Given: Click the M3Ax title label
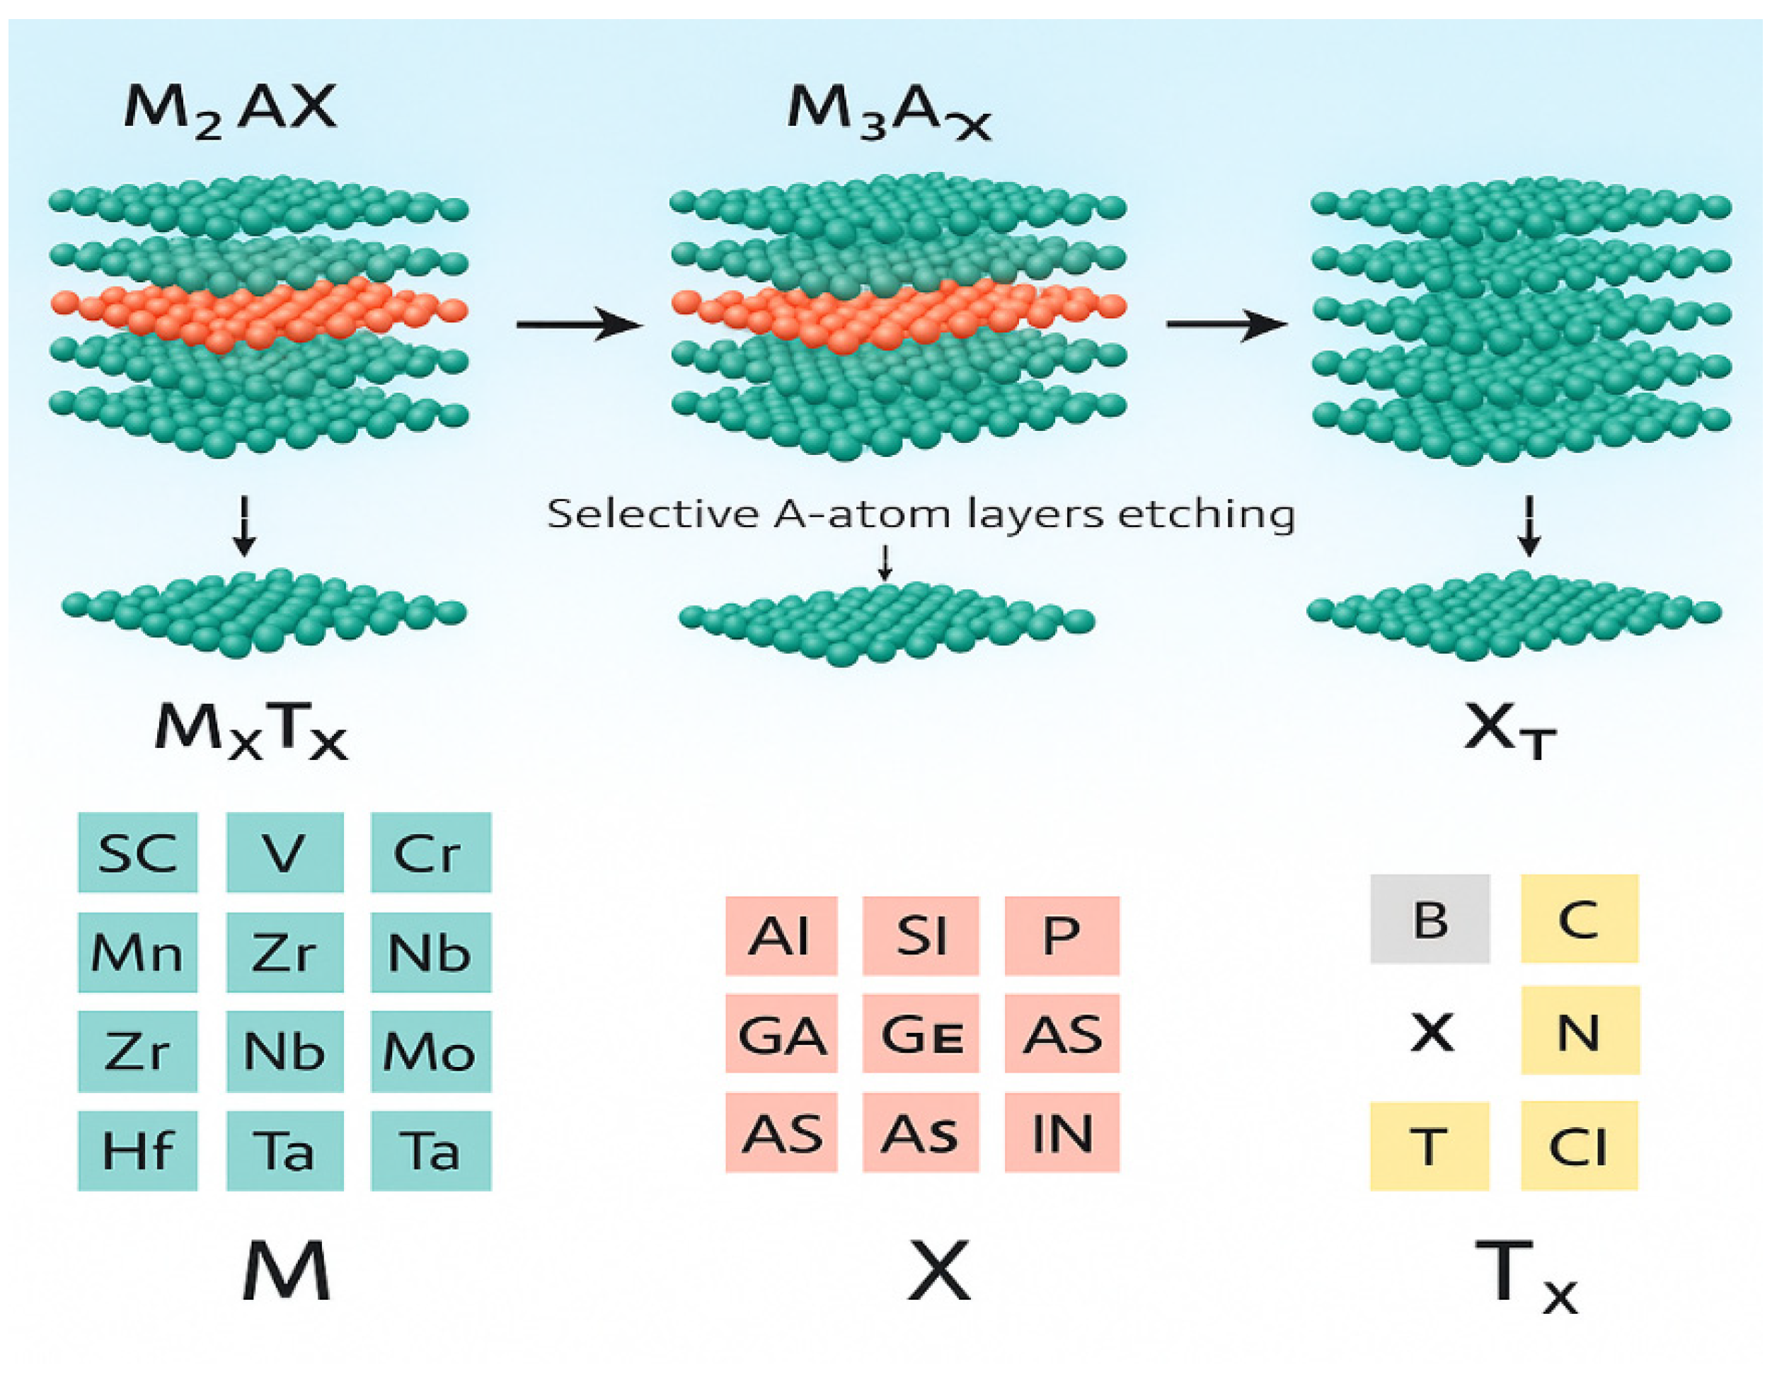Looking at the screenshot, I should [889, 112].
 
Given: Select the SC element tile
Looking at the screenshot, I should [137, 853].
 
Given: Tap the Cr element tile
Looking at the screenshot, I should [430, 853].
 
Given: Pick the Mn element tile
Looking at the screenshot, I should [137, 952].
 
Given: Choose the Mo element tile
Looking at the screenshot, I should [430, 1051].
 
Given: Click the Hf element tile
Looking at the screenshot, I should [137, 1150].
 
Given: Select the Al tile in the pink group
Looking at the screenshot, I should [781, 935].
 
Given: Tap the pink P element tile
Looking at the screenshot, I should [1062, 935].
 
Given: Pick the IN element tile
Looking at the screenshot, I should [1062, 1133].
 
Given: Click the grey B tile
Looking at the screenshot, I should [1430, 919].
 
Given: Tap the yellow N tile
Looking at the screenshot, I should [1580, 1031].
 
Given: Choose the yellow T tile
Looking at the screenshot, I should [1430, 1146].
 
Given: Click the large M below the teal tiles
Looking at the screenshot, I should [286, 1271].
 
